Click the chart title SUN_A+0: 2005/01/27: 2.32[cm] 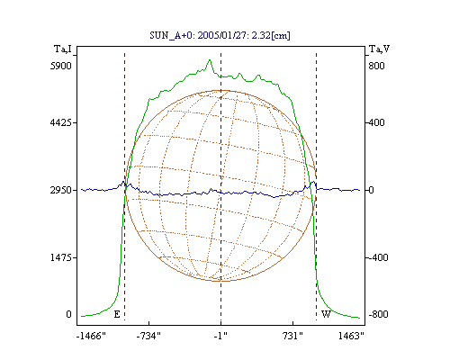tap(220, 35)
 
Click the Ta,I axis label tap(63, 49)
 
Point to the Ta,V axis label tap(379, 49)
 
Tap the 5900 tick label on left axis tap(61, 66)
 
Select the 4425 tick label tap(61, 122)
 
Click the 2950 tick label tap(61, 190)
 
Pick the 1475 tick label tap(61, 257)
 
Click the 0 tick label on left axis tap(68, 314)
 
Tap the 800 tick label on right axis tap(376, 66)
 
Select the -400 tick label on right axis tap(378, 257)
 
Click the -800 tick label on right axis tap(378, 314)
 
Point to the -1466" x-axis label tap(91, 336)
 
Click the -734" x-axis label tap(148, 336)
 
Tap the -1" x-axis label tap(220, 336)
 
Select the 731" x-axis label tap(292, 336)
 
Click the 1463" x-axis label tap(351, 336)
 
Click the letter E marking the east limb tap(117, 314)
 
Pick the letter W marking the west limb tap(326, 314)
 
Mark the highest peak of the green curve tap(210, 60)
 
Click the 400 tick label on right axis tap(376, 122)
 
